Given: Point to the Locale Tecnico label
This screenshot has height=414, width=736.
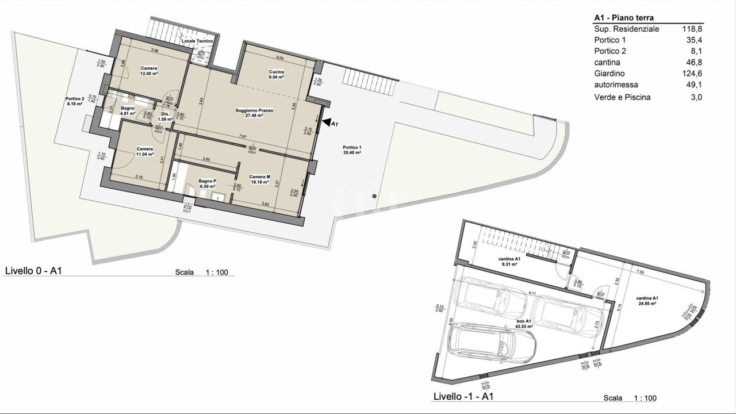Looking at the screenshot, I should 197,41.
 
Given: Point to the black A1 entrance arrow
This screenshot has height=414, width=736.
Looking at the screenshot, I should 327,122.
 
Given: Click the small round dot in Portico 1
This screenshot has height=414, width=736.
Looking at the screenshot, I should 374,197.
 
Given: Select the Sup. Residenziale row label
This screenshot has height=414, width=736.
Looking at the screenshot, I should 626,29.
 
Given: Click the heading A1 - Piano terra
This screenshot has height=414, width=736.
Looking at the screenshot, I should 624,18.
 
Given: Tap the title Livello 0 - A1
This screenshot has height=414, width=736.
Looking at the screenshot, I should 33,271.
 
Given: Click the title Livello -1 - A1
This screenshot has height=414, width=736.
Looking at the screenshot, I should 462,396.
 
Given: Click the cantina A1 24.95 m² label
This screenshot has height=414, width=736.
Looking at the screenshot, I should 647,301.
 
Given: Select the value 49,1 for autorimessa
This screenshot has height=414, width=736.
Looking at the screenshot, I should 696,85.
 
